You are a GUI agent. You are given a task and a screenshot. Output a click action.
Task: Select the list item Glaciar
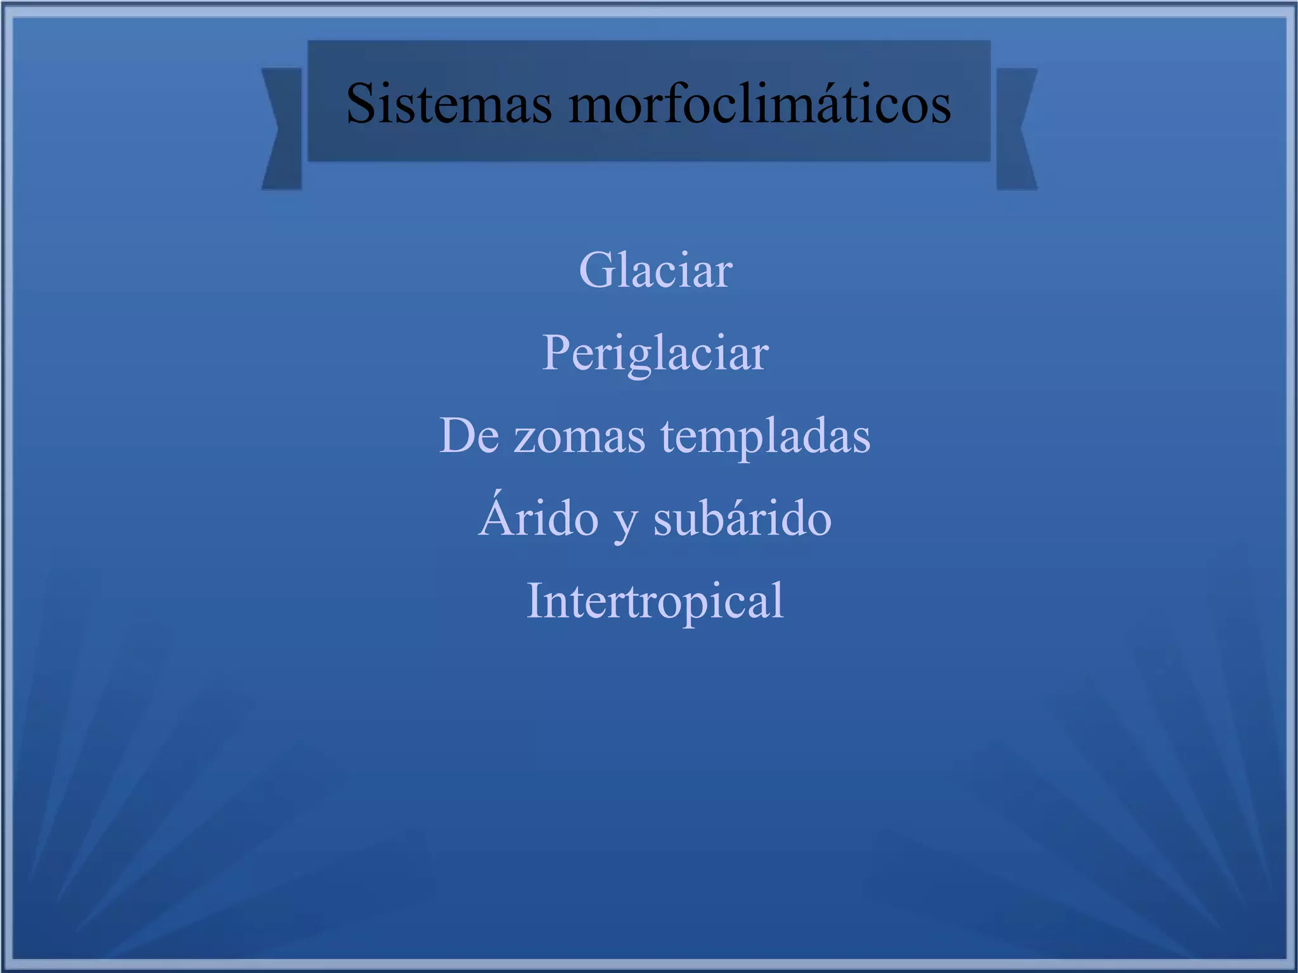(655, 271)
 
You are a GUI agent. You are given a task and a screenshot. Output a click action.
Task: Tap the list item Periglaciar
(655, 353)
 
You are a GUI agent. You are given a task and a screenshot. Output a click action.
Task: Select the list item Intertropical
(655, 601)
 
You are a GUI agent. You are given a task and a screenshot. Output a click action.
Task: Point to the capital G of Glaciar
(596, 271)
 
